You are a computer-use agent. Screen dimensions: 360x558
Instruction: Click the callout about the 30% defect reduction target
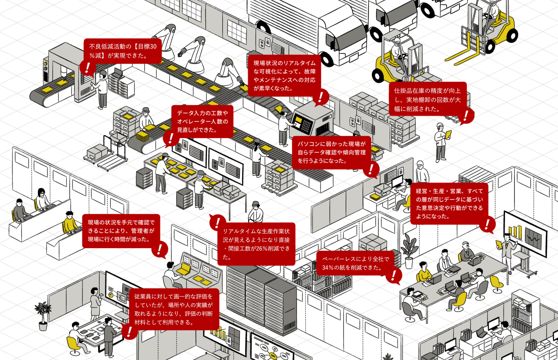point(122,51)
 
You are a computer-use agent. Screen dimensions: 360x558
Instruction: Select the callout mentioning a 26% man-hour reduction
point(256,244)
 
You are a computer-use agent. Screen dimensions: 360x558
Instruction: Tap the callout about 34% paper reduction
point(355,263)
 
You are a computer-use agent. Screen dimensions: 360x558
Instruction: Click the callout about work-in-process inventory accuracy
point(427,100)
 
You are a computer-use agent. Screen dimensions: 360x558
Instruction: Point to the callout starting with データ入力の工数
point(202,121)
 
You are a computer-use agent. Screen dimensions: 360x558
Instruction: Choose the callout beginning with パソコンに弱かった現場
point(331,152)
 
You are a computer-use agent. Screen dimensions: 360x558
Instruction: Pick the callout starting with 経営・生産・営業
point(449,203)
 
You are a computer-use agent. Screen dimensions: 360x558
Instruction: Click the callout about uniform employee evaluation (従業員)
point(174,309)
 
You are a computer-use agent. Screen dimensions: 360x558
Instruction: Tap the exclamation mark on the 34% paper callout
point(394,276)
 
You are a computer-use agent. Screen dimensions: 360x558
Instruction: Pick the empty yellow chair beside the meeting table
point(497,283)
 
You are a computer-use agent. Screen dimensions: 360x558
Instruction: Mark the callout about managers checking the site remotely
point(121,231)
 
